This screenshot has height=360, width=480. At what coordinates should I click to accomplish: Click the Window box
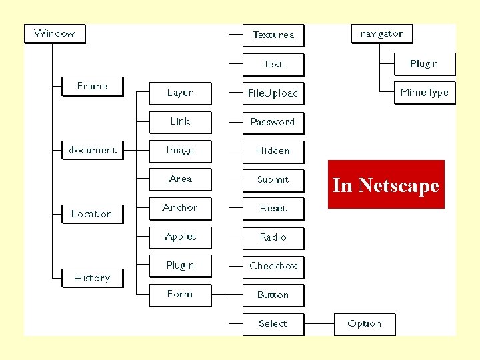click(x=55, y=33)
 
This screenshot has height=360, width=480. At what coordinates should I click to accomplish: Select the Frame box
click(x=92, y=87)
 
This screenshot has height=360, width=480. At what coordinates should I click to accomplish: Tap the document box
click(x=92, y=151)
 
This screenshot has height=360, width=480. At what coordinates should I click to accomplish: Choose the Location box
click(x=92, y=214)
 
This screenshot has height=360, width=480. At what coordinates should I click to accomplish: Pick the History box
click(x=92, y=278)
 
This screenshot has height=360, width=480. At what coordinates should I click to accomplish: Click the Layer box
click(x=180, y=93)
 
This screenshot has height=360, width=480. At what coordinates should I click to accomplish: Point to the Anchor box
click(x=180, y=208)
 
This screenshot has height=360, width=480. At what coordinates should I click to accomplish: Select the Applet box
click(x=180, y=237)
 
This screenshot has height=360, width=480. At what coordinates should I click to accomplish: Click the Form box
click(x=180, y=294)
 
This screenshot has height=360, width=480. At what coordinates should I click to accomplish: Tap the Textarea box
click(x=273, y=35)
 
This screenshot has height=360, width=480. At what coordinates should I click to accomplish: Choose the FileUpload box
click(x=273, y=93)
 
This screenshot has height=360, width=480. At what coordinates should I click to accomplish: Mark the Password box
click(x=273, y=122)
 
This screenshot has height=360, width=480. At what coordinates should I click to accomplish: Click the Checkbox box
click(x=273, y=266)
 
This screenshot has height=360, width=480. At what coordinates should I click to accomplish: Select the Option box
click(x=365, y=324)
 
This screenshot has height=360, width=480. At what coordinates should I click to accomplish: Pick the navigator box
click(x=381, y=33)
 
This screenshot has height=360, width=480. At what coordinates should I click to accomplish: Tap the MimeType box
click(x=424, y=93)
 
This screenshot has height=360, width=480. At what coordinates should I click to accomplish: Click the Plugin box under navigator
click(x=424, y=64)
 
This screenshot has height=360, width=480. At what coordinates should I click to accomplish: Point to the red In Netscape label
click(x=386, y=185)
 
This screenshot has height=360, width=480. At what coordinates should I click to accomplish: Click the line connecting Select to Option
click(x=319, y=324)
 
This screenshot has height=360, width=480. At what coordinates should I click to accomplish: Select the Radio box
click(x=273, y=237)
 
